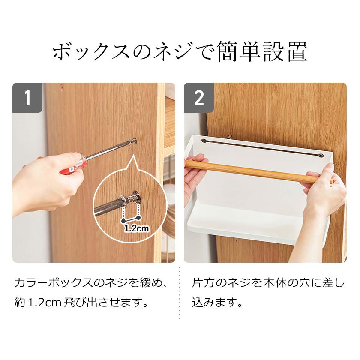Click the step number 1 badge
point(27,98)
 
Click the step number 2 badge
point(199,98)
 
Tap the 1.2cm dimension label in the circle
point(136,228)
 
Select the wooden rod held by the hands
point(252,170)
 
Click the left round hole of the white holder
point(204,141)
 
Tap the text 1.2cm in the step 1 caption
point(44,303)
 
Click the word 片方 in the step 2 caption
point(204,283)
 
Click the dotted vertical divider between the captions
point(180,293)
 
